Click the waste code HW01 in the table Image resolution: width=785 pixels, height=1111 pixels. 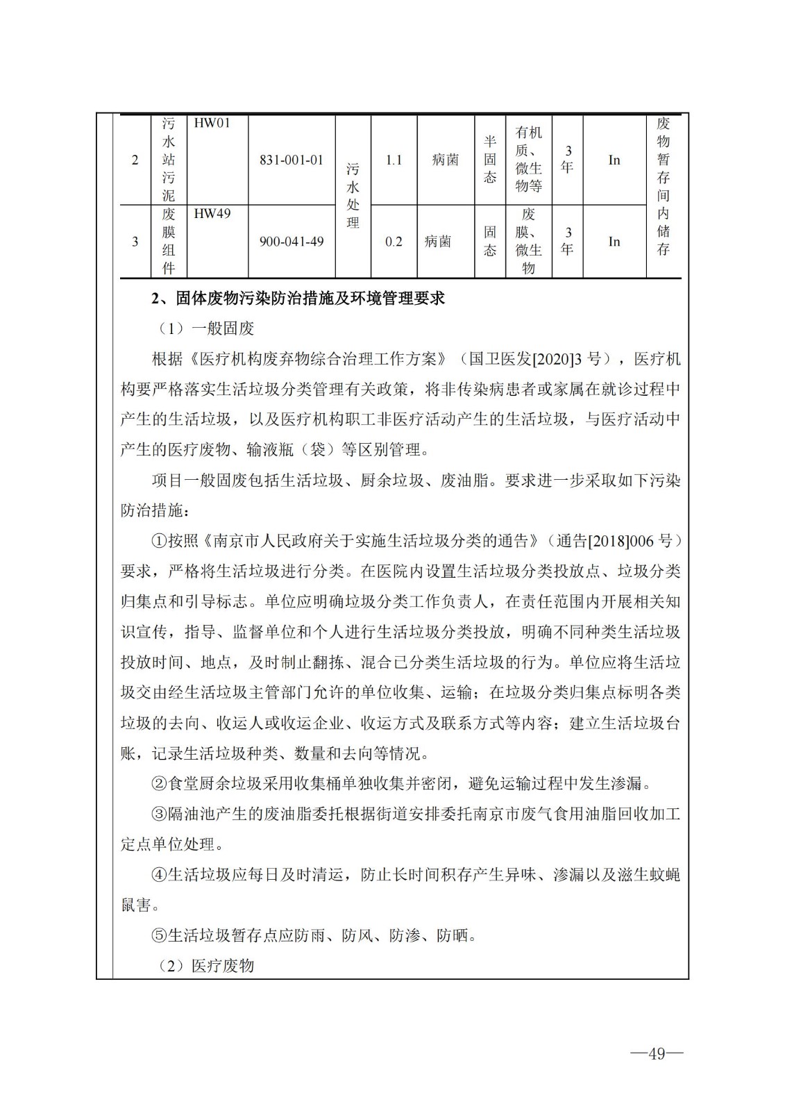coord(211,124)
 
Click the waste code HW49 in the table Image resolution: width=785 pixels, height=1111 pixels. coord(211,214)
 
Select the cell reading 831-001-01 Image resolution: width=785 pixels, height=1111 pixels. coord(292,160)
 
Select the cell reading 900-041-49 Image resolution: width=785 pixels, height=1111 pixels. coord(292,242)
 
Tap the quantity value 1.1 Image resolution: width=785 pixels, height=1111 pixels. coord(394,160)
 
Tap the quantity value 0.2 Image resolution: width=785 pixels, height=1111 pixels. coord(394,242)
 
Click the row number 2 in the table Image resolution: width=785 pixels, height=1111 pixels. coord(135,160)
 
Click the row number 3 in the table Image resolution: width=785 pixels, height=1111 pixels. coord(135,242)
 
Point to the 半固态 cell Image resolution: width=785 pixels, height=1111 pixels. coord(490,160)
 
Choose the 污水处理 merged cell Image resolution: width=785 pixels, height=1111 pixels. coord(353,196)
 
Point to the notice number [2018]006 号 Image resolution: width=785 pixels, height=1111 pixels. coord(629,540)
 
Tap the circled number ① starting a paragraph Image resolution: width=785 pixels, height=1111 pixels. coord(159,540)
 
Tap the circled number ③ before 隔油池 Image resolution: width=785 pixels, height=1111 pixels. coord(159,814)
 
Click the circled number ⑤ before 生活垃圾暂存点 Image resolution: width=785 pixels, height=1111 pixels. coord(159,935)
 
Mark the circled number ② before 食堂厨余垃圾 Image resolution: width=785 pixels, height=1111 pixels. coord(159,784)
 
